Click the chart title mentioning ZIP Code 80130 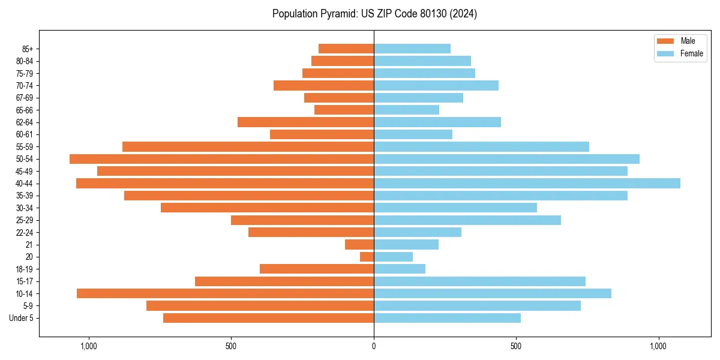tap(374, 14)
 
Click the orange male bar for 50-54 tap(221, 159)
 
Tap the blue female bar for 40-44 tap(527, 184)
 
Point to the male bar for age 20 tap(367, 257)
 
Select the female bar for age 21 tap(406, 245)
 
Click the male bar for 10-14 tap(225, 293)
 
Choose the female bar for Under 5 tap(447, 318)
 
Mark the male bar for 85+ tap(346, 49)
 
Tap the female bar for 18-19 tap(400, 269)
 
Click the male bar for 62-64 tap(305, 122)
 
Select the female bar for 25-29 tap(467, 220)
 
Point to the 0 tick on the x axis tap(374, 346)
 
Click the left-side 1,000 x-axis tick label tap(89, 346)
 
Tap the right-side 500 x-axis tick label tap(516, 346)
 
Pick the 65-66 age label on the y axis tap(25, 110)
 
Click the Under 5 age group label tap(22, 318)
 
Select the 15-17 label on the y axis tap(25, 281)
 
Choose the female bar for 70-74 tap(436, 86)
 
